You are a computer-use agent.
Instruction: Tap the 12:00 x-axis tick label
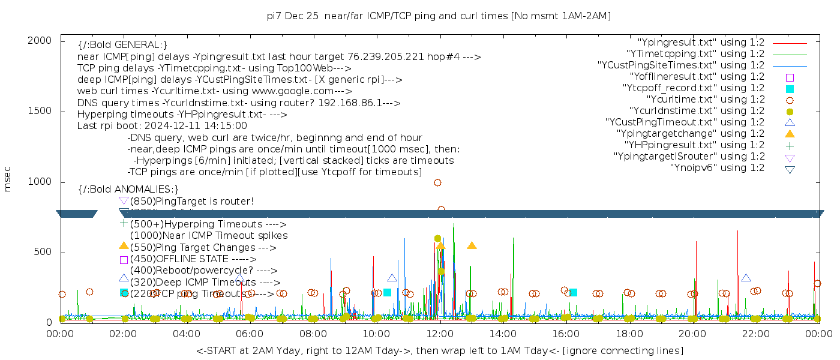pos(440,333)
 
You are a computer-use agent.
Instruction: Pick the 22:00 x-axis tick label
pos(756,333)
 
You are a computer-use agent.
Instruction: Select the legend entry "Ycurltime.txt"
pos(705,99)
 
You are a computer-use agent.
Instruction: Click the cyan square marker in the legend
pos(790,88)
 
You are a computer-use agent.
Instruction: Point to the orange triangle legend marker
pos(790,133)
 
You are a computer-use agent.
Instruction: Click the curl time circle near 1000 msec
pos(437,182)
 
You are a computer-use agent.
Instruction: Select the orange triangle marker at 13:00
pos(472,245)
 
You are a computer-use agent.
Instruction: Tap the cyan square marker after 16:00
pos(573,292)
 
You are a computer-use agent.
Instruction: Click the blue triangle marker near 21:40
pos(746,278)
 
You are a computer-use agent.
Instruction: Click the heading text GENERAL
pos(122,45)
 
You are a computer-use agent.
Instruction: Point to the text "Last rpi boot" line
pos(162,126)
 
